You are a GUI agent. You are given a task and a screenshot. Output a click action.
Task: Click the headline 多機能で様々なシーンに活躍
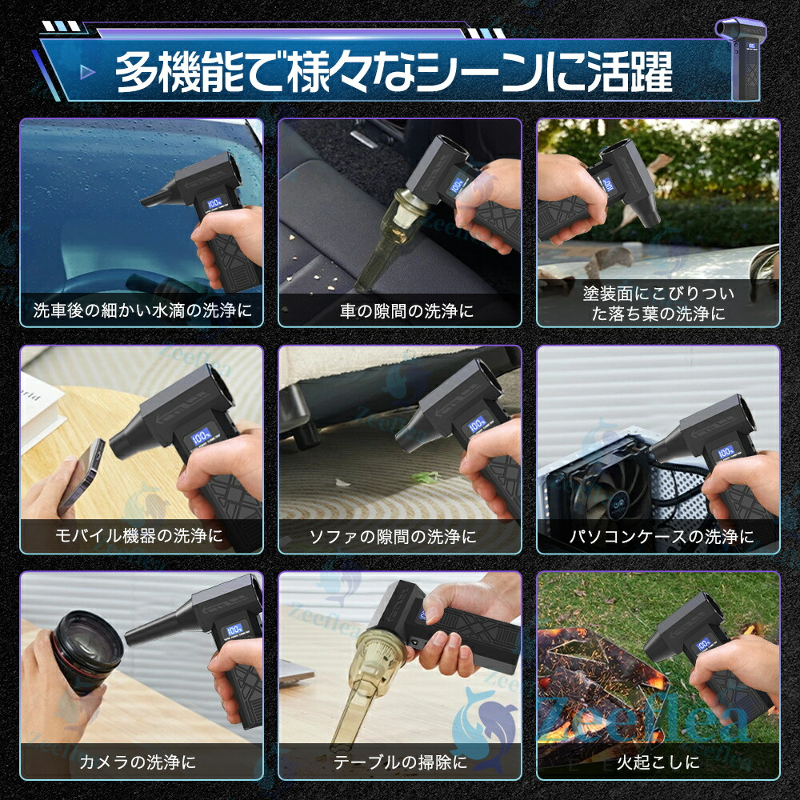click(x=394, y=72)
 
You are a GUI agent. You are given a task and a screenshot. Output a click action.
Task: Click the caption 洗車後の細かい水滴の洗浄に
click(x=142, y=310)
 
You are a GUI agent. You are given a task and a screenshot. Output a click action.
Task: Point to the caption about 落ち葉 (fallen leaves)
click(x=658, y=303)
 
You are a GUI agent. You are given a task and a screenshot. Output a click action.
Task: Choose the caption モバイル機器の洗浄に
click(x=139, y=536)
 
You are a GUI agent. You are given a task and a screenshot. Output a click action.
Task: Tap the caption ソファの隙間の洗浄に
click(x=393, y=536)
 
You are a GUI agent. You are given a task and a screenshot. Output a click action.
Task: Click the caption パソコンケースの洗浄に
click(x=662, y=536)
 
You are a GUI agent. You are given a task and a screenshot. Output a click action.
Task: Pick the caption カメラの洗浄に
click(x=138, y=762)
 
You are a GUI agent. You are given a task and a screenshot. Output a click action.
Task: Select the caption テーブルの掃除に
click(x=400, y=762)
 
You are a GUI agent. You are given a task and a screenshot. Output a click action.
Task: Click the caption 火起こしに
click(x=658, y=762)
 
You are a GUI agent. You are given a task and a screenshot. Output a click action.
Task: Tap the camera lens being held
click(x=86, y=651)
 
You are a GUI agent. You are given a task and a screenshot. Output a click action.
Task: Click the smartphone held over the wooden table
click(x=81, y=475)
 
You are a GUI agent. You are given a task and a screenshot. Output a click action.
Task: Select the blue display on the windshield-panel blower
click(x=214, y=204)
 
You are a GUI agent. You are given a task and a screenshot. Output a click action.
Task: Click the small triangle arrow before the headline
click(x=88, y=72)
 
